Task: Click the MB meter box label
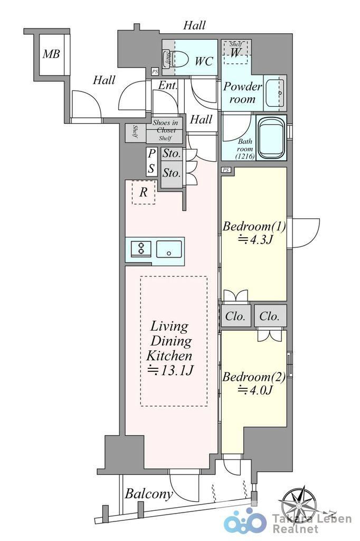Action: coord(51,54)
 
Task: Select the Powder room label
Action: coord(242,92)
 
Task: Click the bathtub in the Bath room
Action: coord(271,137)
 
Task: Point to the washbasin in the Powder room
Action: coord(276,93)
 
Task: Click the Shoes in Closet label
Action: coord(166,126)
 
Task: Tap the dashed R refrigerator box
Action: coord(144,192)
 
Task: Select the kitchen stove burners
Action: coord(141,248)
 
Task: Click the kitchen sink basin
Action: coord(169,249)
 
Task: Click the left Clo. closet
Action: coord(235,316)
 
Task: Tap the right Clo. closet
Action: coord(270,316)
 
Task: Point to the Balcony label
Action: coord(149,494)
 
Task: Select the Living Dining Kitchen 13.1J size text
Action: coord(170,370)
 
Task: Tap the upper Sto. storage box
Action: coord(172,153)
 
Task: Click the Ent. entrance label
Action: coord(167,85)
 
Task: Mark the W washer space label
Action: coord(235,52)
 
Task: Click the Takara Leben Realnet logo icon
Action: coord(245,521)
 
